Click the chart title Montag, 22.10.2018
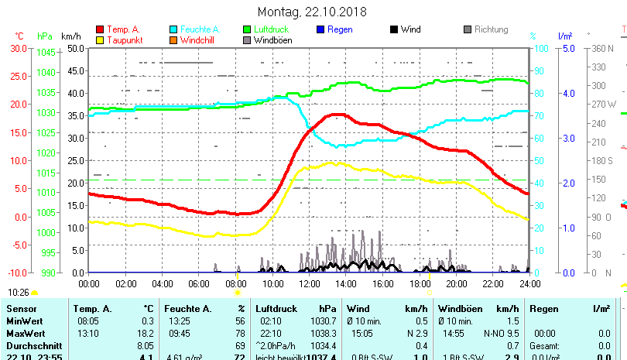point(312,12)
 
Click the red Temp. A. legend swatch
point(100,29)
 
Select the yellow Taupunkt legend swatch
point(100,40)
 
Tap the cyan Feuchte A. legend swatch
point(173,29)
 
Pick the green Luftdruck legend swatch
point(247,29)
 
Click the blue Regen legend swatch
point(320,29)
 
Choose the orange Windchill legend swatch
point(173,40)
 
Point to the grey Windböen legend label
point(272,40)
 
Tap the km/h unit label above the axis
point(70,36)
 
